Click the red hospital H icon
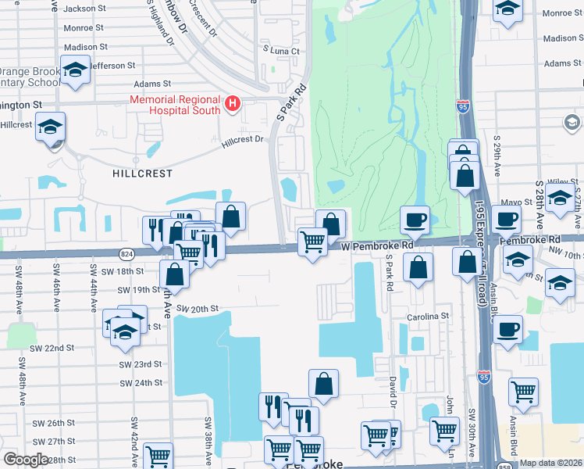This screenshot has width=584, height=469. tap(232, 104)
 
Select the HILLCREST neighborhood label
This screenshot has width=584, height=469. tap(141, 174)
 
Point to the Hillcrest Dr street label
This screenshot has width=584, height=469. tap(243, 140)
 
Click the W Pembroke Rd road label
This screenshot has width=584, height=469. tap(378, 245)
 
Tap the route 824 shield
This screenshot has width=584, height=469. tap(126, 254)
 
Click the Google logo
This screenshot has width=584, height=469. tap(26, 460)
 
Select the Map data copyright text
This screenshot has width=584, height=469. tap(550, 463)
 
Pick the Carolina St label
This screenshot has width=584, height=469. tap(428, 317)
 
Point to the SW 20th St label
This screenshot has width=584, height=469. tap(195, 309)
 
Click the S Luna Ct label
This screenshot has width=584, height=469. tap(281, 50)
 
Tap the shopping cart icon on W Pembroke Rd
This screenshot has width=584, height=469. tap(313, 242)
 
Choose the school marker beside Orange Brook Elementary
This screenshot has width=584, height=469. tap(75, 70)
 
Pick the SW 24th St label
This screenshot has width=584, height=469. tap(141, 383)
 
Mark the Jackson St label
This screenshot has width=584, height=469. tap(85, 9)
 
